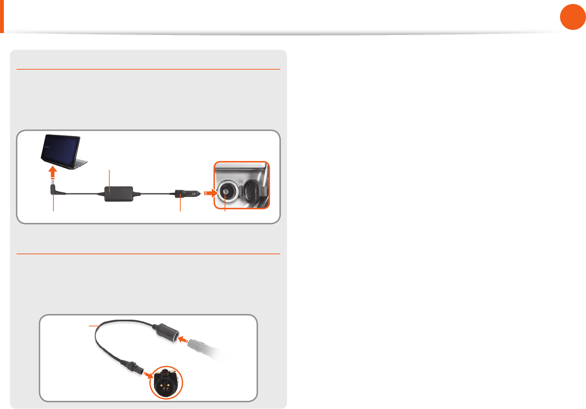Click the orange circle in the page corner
573,17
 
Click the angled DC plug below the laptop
56,190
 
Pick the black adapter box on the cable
119,194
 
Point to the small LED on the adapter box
110,193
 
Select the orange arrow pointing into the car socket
211,193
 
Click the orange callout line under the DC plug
53,204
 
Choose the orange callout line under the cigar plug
180,205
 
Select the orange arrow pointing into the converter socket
182,339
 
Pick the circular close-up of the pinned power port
166,383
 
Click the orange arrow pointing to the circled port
148,375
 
